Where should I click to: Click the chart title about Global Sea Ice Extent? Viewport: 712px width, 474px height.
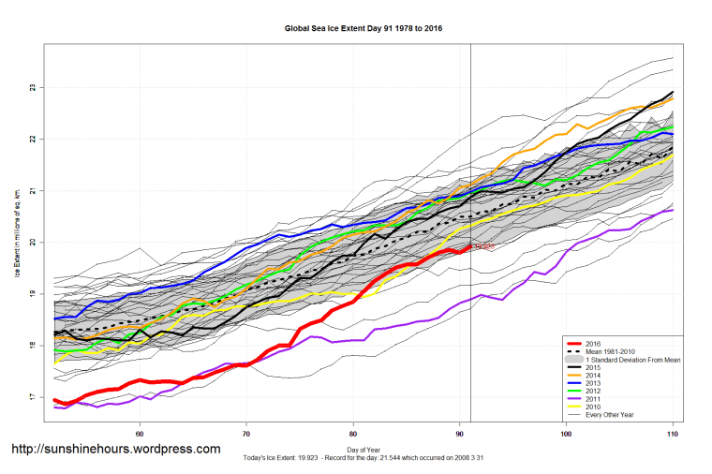[x=363, y=29]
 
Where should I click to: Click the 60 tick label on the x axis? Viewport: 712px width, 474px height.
[x=140, y=434]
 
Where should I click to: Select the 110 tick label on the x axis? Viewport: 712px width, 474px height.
[x=673, y=434]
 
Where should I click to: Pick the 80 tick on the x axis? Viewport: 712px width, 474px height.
[x=353, y=434]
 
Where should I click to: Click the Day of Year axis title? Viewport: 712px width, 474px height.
[x=363, y=451]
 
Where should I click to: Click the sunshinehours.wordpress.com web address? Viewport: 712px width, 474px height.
[x=116, y=450]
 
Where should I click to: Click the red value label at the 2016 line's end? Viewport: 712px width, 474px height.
[x=482, y=246]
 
